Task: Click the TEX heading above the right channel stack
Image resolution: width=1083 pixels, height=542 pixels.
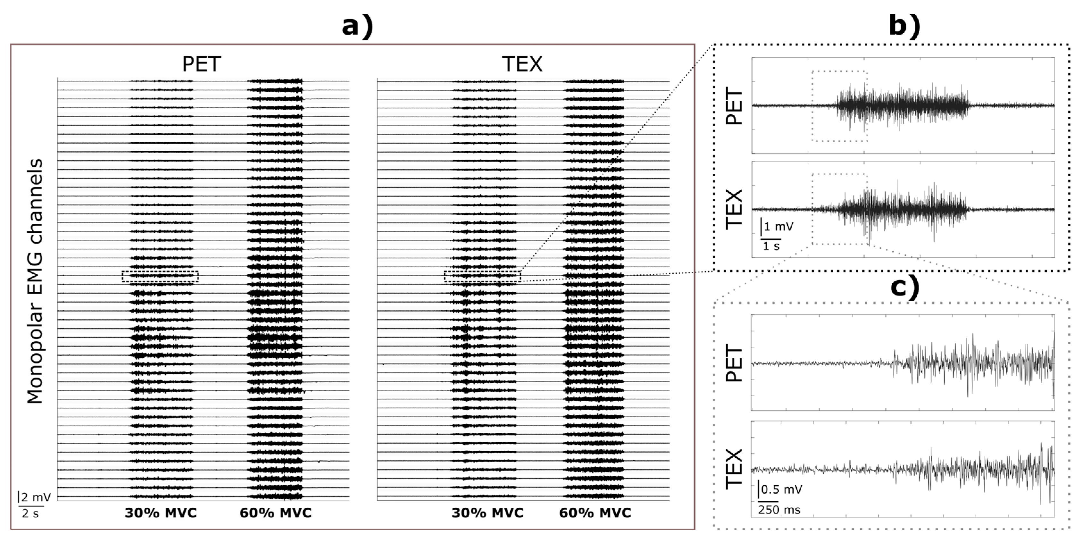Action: (x=522, y=65)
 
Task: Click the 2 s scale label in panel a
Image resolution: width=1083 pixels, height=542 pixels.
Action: (x=30, y=513)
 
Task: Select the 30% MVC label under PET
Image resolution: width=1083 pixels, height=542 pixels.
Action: (x=161, y=513)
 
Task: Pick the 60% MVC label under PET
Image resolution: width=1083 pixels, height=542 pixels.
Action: (x=276, y=513)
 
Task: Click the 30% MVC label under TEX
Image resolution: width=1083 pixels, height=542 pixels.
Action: (x=488, y=513)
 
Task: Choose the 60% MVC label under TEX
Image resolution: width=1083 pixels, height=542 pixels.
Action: (x=595, y=513)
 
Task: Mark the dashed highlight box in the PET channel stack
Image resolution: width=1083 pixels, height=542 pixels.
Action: (x=160, y=276)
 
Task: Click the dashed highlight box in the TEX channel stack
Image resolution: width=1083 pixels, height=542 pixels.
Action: (x=483, y=276)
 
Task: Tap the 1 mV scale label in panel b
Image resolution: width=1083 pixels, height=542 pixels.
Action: (x=778, y=227)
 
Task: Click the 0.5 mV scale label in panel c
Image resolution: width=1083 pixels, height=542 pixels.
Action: (x=781, y=489)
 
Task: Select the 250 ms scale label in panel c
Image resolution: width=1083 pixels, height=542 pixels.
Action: (x=779, y=510)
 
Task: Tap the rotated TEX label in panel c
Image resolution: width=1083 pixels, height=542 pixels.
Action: (x=735, y=469)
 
